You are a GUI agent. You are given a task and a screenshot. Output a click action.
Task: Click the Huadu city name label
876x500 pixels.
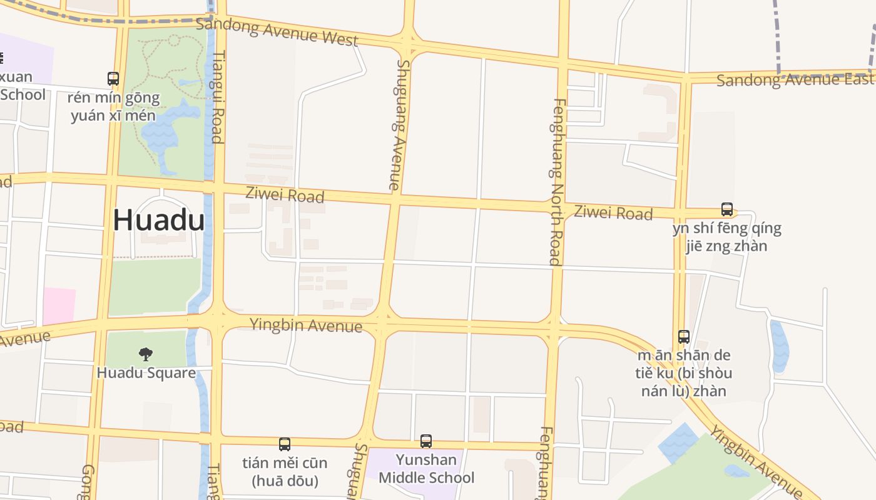click(x=159, y=221)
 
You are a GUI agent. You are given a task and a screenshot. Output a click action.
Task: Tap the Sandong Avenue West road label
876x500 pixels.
click(x=277, y=32)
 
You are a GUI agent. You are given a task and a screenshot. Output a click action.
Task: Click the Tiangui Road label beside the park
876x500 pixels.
click(x=217, y=97)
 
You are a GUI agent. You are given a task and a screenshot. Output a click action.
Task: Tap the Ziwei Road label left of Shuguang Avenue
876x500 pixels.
click(x=285, y=194)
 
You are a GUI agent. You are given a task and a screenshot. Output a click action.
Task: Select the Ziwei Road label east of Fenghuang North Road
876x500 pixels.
click(x=613, y=213)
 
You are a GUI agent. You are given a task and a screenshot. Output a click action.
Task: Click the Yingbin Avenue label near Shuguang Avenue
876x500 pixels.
click(x=306, y=326)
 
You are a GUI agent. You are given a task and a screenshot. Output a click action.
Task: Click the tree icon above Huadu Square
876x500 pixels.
click(x=146, y=354)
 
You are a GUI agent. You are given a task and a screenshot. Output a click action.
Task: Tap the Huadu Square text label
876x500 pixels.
click(x=146, y=373)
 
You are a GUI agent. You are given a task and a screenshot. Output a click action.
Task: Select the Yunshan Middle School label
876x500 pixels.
click(x=427, y=469)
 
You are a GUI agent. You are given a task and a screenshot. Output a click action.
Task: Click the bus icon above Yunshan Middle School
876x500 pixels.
click(x=426, y=441)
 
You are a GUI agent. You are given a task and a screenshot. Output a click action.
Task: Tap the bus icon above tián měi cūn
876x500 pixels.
click(x=285, y=444)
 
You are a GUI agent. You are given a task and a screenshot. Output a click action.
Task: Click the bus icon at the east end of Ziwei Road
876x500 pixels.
click(x=726, y=209)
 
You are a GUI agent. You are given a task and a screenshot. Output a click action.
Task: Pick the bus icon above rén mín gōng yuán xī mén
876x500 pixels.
click(x=113, y=79)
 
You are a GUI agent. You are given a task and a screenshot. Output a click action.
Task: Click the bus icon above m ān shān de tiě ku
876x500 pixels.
click(x=684, y=337)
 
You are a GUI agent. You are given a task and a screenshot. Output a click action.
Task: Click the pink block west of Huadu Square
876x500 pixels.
click(x=59, y=306)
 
